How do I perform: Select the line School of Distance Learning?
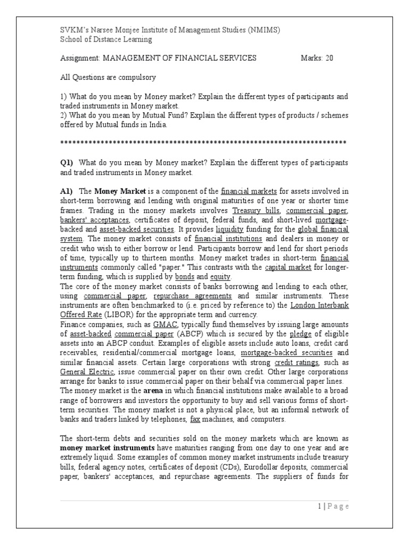(x=106, y=39)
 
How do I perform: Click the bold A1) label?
(x=68, y=191)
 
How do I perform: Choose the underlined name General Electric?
(x=88, y=372)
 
